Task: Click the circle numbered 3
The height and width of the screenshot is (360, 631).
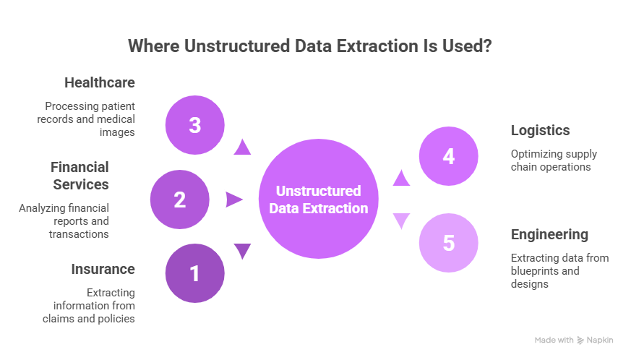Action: click(x=194, y=125)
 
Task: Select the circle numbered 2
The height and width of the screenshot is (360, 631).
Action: click(x=179, y=199)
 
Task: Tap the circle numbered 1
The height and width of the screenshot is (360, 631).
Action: click(x=194, y=273)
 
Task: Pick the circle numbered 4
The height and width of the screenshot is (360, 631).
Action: click(x=449, y=156)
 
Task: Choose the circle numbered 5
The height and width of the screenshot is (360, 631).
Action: click(x=449, y=243)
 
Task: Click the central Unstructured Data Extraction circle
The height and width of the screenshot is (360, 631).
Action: click(x=319, y=200)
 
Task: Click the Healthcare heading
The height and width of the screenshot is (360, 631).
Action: click(x=100, y=82)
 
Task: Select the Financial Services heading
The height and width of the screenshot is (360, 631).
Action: click(x=80, y=176)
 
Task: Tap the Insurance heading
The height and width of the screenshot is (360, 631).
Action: click(x=103, y=269)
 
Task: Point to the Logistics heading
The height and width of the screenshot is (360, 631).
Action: click(x=540, y=130)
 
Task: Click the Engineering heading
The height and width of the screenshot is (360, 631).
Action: click(x=549, y=234)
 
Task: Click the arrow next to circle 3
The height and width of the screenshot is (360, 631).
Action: click(x=242, y=147)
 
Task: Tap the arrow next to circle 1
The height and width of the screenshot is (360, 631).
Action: click(x=242, y=251)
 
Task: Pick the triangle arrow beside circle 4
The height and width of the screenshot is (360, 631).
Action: click(x=401, y=177)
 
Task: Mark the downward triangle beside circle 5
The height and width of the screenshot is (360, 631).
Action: click(x=401, y=221)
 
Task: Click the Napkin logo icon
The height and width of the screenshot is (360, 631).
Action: click(x=580, y=340)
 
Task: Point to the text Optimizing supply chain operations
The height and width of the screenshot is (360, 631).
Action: click(x=554, y=160)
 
